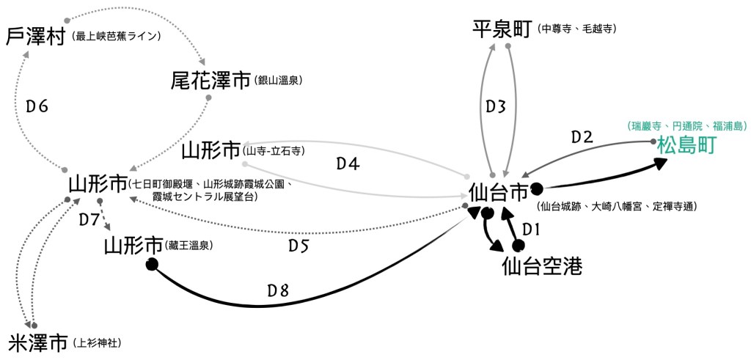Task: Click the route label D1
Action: [x=532, y=229]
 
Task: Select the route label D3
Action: [x=497, y=106]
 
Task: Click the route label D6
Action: [x=37, y=106]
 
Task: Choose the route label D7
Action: [x=88, y=218]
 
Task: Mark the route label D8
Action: [x=277, y=290]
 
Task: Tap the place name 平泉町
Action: [x=502, y=29]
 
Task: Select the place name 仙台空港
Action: [x=543, y=266]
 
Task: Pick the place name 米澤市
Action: [x=39, y=342]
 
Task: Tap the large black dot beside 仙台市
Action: [x=537, y=188]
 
